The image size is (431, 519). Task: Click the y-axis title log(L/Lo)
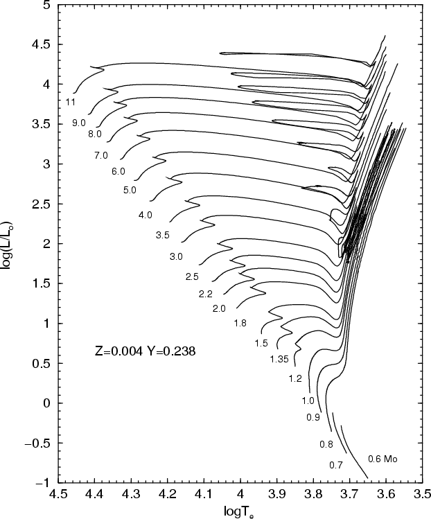pyautogui.click(x=9, y=246)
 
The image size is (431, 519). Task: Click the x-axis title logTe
pyautogui.click(x=239, y=512)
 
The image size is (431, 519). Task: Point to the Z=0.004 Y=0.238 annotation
pyautogui.click(x=145, y=351)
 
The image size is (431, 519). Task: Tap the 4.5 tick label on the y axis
pyautogui.click(x=43, y=44)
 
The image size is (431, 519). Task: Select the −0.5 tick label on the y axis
pyautogui.click(x=39, y=442)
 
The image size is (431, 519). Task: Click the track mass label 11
pyautogui.click(x=71, y=102)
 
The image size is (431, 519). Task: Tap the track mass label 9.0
pyautogui.click(x=78, y=123)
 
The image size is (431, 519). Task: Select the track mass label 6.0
pyautogui.click(x=118, y=171)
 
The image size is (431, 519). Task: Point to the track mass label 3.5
pyautogui.click(x=163, y=236)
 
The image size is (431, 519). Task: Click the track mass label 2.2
pyautogui.click(x=205, y=294)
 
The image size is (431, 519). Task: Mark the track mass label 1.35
pyautogui.click(x=279, y=359)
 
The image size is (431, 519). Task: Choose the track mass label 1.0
pyautogui.click(x=308, y=401)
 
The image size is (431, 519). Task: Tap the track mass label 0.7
pyautogui.click(x=336, y=464)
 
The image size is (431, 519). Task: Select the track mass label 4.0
pyautogui.click(x=146, y=215)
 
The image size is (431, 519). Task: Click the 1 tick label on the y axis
pyautogui.click(x=48, y=323)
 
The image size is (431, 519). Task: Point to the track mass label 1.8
pyautogui.click(x=240, y=323)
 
